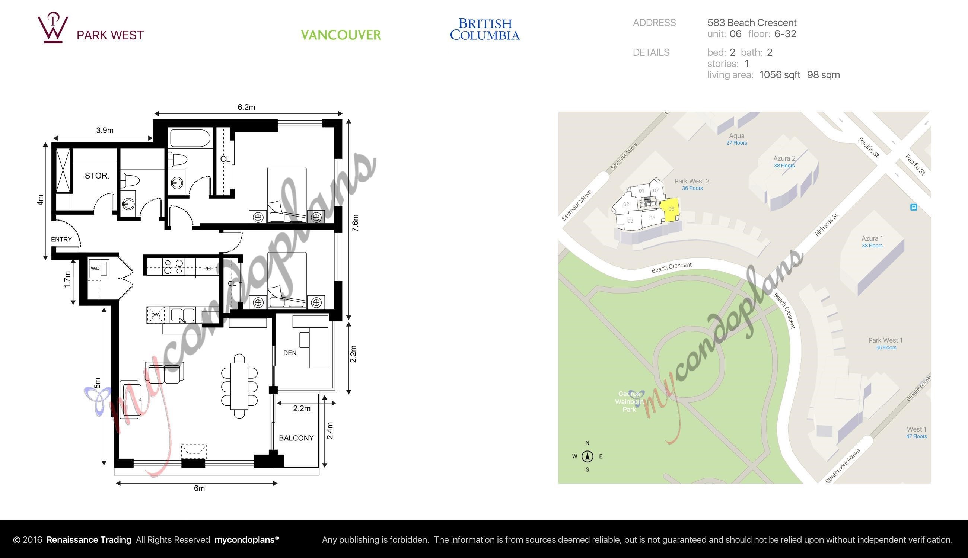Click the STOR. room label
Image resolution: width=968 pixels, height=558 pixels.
97,176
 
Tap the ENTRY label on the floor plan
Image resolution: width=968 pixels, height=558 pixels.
61,240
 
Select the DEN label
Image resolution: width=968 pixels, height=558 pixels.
290,353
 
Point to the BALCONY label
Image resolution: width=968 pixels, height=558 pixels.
296,438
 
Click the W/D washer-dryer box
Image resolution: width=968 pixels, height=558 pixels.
99,268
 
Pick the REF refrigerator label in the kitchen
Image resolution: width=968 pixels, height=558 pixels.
208,269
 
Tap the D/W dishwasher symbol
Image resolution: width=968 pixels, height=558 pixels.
155,315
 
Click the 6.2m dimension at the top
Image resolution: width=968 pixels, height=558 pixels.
246,107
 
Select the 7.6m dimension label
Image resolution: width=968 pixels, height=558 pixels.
356,223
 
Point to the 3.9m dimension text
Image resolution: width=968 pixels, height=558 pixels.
105,130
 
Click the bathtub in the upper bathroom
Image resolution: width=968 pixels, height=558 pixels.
191,138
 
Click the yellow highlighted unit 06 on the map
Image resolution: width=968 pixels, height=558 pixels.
670,210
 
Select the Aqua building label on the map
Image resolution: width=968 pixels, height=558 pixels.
737,136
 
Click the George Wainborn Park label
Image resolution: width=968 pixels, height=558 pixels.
629,402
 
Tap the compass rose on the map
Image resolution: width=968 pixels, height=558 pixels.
587,456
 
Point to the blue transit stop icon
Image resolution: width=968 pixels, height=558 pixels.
914,207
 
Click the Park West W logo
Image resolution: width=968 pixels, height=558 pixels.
53,27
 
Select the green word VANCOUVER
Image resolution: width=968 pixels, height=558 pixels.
341,35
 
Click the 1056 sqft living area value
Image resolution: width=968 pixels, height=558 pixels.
780,75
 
